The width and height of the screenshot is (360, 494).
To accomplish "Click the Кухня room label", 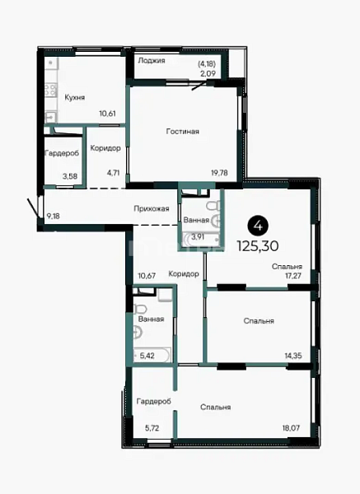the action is click(x=75, y=97).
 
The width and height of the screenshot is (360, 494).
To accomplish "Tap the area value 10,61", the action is click(x=107, y=114).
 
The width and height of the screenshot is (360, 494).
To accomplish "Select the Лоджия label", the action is click(x=152, y=60).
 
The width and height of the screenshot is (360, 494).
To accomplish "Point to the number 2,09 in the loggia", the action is click(x=208, y=74).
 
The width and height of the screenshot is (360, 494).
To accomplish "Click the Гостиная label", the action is click(x=183, y=131).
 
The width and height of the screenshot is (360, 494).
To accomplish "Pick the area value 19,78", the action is click(x=219, y=173).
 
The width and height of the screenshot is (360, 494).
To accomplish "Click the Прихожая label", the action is click(x=152, y=208).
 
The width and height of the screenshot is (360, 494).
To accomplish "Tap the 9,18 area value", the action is click(x=54, y=216).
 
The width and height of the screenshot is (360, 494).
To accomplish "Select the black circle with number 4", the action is click(x=258, y=226).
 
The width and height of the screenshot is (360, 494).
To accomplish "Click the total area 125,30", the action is click(x=258, y=246).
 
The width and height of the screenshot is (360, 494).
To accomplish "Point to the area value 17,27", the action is click(x=292, y=276).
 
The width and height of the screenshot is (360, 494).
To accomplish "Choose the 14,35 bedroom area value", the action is click(x=293, y=356).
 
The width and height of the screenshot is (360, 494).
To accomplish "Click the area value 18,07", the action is click(x=292, y=428).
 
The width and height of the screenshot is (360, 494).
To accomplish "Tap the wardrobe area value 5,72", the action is click(x=152, y=428).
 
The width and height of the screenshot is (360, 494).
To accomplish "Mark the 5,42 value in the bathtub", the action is click(x=147, y=356).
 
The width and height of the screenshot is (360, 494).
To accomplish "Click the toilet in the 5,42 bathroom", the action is click(x=140, y=309).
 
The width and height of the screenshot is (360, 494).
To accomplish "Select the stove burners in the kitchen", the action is click(x=50, y=89).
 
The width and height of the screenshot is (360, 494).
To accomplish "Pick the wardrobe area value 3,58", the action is click(x=70, y=176).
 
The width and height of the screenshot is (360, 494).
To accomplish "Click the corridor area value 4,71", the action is click(x=113, y=173).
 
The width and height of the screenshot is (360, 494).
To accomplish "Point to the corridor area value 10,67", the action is click(x=147, y=276).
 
